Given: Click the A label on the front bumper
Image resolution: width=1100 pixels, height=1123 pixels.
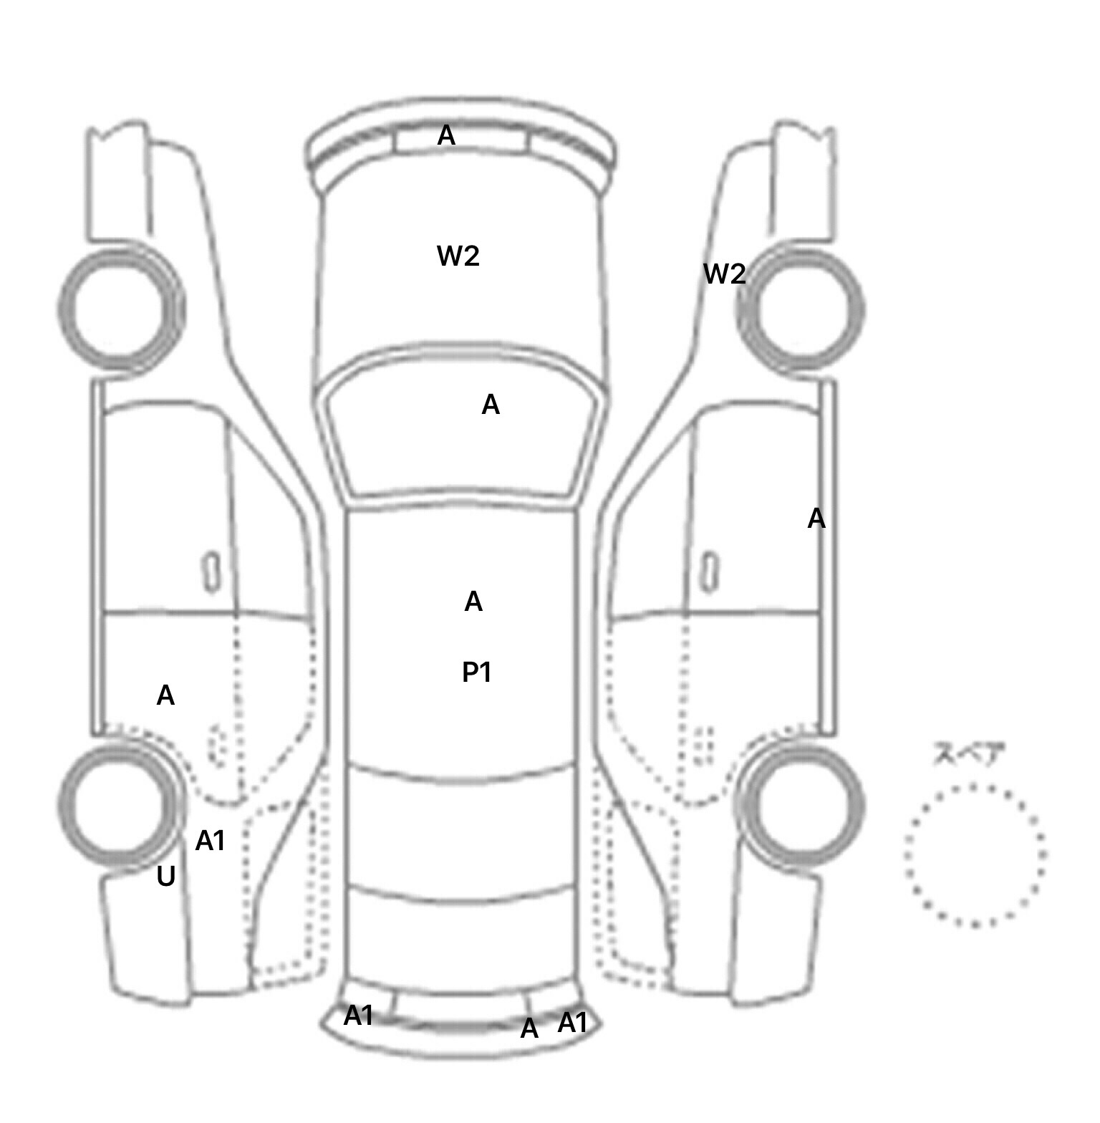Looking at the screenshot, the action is click(x=446, y=135).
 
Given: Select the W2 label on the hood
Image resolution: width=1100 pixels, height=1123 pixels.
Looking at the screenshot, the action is click(x=458, y=256).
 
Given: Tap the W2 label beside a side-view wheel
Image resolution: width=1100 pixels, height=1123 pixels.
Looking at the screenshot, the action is click(x=725, y=274).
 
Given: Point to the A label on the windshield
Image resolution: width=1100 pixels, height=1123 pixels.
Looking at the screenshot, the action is click(x=491, y=405).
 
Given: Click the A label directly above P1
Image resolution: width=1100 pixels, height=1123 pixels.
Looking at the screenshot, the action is click(x=473, y=602).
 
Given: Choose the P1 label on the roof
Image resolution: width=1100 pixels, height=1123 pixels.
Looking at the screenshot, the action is click(x=477, y=673).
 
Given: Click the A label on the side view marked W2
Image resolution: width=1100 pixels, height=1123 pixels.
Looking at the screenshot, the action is click(x=816, y=519).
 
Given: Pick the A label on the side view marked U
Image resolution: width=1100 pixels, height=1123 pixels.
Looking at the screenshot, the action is click(x=165, y=695).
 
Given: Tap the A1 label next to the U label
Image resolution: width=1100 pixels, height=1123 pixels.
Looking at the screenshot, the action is click(x=211, y=841).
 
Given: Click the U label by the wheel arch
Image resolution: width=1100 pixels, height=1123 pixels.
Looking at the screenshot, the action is click(x=166, y=877).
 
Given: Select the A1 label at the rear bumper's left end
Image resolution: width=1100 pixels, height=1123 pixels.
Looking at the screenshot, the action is click(x=358, y=1016).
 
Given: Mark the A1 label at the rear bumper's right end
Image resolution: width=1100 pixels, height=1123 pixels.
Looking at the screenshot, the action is click(x=572, y=1023).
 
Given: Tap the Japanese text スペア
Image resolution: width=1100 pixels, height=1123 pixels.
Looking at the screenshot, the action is click(x=969, y=754).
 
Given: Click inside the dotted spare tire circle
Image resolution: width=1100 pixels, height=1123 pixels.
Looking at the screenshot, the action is click(x=975, y=855).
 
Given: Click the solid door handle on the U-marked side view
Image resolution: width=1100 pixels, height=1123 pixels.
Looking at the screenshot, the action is click(x=211, y=572).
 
